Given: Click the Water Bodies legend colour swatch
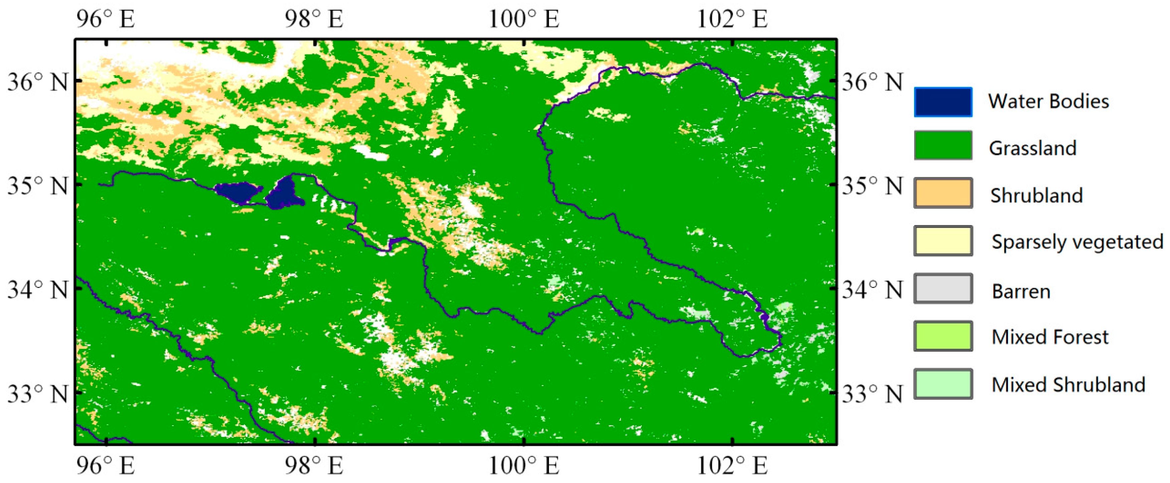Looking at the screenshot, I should coord(943,102).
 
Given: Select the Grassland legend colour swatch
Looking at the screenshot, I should coord(943,145).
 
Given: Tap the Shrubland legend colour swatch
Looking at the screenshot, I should coord(943,193).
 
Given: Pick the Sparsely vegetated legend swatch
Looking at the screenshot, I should coord(943,240).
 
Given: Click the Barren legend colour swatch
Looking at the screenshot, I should coord(943,288).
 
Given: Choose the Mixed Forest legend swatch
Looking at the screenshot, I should coord(943,336).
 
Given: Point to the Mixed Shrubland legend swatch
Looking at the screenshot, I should coord(943,383).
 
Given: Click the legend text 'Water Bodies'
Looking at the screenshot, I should coord(1048,101).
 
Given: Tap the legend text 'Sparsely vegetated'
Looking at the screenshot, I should coord(1077,241).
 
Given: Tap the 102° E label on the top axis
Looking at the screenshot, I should coord(732,19).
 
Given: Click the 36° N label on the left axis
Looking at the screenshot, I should coord(37,82).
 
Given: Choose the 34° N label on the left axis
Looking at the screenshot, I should coord(37,290).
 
